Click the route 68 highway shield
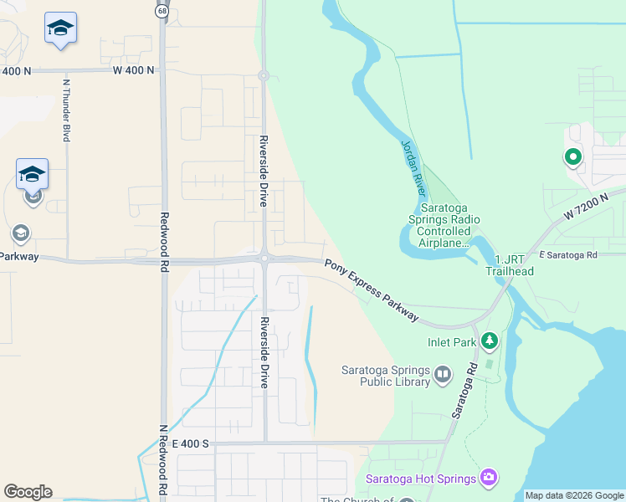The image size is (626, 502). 161,10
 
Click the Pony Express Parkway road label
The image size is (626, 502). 372,289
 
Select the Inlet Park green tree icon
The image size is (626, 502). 489,341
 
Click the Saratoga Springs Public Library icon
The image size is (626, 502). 443,373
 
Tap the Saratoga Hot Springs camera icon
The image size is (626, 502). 489,478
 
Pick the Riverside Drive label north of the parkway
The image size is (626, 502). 263,172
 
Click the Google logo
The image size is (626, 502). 28,492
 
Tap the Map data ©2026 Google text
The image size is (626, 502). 573,495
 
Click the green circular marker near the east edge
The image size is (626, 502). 572,156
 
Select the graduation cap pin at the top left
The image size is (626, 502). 60,29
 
